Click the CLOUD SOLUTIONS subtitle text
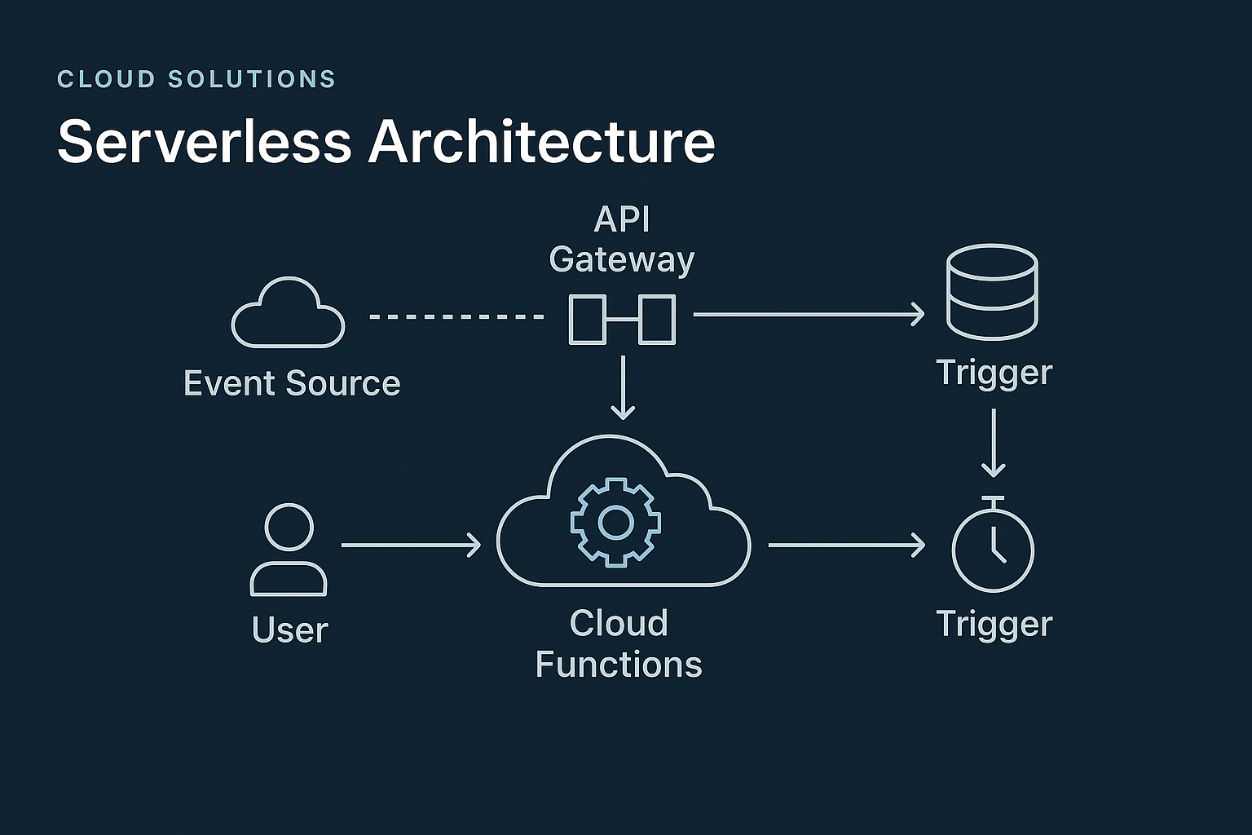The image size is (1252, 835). click(196, 79)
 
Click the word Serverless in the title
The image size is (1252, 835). click(204, 142)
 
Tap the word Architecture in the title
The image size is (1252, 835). click(541, 142)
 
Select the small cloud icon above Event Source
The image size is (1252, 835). click(288, 315)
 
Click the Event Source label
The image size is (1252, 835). click(292, 383)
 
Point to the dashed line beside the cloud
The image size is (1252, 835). click(456, 316)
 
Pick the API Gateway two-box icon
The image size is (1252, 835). click(622, 320)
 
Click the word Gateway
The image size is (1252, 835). click(621, 260)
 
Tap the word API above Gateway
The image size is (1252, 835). click(622, 219)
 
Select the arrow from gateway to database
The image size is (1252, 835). click(808, 314)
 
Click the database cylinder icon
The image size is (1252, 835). click(991, 292)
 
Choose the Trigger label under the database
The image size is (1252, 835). click(994, 373)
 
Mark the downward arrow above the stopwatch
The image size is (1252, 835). click(993, 443)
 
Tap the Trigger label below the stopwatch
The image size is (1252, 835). click(994, 624)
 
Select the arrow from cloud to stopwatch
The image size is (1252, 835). click(845, 545)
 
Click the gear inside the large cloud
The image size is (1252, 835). click(615, 523)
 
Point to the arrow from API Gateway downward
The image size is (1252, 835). click(623, 387)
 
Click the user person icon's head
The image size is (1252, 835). click(289, 527)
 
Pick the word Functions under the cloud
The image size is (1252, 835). click(619, 665)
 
